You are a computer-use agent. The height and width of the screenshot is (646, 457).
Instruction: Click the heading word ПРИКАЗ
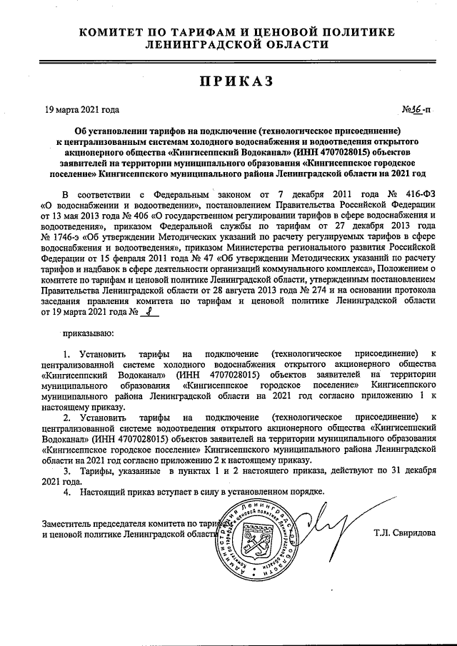(x=228, y=81)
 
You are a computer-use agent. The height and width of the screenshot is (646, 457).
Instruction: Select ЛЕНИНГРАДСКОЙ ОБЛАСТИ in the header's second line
(x=228, y=44)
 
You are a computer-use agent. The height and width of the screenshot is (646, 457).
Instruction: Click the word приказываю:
(x=88, y=332)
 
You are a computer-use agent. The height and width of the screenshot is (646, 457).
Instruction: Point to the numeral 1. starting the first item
(x=68, y=353)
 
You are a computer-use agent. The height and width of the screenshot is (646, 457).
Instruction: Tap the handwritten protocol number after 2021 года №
(x=149, y=312)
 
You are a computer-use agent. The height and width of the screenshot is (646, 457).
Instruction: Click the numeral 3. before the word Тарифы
(x=68, y=473)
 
